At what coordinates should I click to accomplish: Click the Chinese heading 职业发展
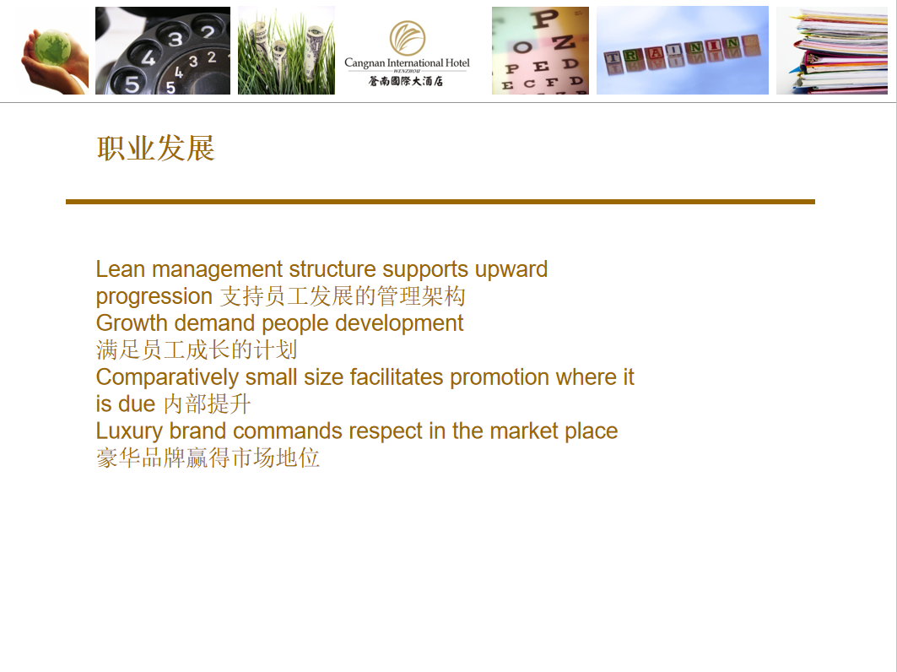point(155,149)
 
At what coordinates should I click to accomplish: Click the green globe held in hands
point(52,47)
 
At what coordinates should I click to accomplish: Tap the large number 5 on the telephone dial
point(132,84)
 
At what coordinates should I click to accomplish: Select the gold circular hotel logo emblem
point(408,38)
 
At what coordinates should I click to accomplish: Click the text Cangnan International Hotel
point(407,63)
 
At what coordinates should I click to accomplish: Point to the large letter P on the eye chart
point(543,19)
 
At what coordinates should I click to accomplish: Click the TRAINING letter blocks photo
point(683,51)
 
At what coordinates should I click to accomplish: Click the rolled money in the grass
point(287,51)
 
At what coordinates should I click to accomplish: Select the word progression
point(154,297)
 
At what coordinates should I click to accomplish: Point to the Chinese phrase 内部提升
point(208,404)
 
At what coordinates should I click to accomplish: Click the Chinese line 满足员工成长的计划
point(197,350)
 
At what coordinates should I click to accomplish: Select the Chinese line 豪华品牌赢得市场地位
point(208,458)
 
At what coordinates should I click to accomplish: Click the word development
point(399,322)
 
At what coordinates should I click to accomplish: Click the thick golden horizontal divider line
point(440,202)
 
